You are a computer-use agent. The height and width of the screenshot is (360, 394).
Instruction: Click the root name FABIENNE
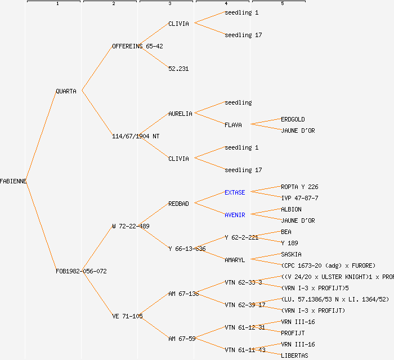(x=14, y=181)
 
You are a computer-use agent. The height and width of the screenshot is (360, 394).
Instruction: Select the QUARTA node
(x=66, y=91)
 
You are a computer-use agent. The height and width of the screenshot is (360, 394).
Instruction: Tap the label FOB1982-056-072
(x=81, y=271)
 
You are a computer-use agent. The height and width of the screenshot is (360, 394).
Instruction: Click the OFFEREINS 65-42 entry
(x=137, y=46)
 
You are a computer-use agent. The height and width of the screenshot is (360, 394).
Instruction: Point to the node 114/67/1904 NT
(x=132, y=136)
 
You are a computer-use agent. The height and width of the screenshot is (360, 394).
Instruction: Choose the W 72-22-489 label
(x=131, y=226)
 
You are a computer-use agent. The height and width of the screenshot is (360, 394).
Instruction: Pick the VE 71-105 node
(x=127, y=316)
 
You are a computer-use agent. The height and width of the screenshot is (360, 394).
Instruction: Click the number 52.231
(x=178, y=69)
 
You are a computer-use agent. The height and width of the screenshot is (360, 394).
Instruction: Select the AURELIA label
(x=180, y=114)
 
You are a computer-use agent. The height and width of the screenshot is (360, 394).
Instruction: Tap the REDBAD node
(x=178, y=204)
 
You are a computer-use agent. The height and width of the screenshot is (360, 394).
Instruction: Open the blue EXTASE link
(x=235, y=192)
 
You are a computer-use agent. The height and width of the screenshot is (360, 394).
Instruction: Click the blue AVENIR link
(x=235, y=215)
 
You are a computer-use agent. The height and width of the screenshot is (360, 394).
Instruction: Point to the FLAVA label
(x=233, y=125)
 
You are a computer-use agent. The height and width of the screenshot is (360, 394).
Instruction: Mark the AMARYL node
(x=235, y=260)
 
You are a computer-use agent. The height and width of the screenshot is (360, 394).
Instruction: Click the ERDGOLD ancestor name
(x=293, y=119)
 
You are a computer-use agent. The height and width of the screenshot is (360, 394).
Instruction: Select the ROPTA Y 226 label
(x=299, y=187)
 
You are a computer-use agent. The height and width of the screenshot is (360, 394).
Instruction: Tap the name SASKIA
(x=291, y=254)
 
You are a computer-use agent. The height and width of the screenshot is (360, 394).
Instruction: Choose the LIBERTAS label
(x=294, y=355)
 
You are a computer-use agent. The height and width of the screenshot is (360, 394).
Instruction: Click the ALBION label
(x=291, y=209)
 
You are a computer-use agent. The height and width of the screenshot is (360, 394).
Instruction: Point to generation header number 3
(x=169, y=4)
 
